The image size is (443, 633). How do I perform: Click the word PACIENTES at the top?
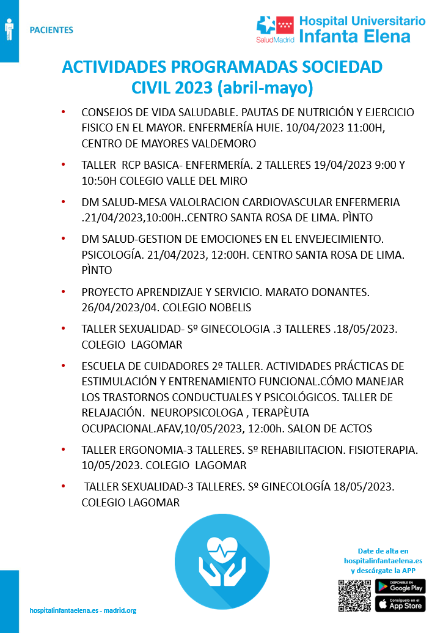point(51,30)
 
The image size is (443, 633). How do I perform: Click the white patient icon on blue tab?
point(9,29)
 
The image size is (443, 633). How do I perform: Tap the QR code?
point(354,595)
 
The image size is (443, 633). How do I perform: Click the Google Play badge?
point(400,586)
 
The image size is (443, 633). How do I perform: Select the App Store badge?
point(400,605)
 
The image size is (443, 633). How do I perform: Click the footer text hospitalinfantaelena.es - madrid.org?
point(82,610)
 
